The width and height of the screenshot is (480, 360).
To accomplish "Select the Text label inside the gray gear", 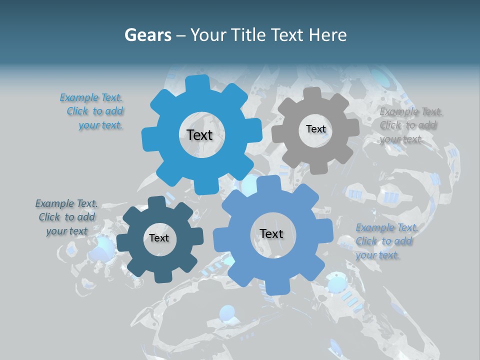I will click(315, 129).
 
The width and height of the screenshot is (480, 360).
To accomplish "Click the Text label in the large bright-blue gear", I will click(199, 135).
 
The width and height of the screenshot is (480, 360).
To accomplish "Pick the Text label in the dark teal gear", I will click(159, 238).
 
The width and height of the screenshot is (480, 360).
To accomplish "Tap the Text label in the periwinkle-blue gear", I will click(271, 234).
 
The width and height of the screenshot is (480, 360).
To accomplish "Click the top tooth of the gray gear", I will click(312, 94).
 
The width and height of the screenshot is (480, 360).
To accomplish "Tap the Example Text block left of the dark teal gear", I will click(66, 217).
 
